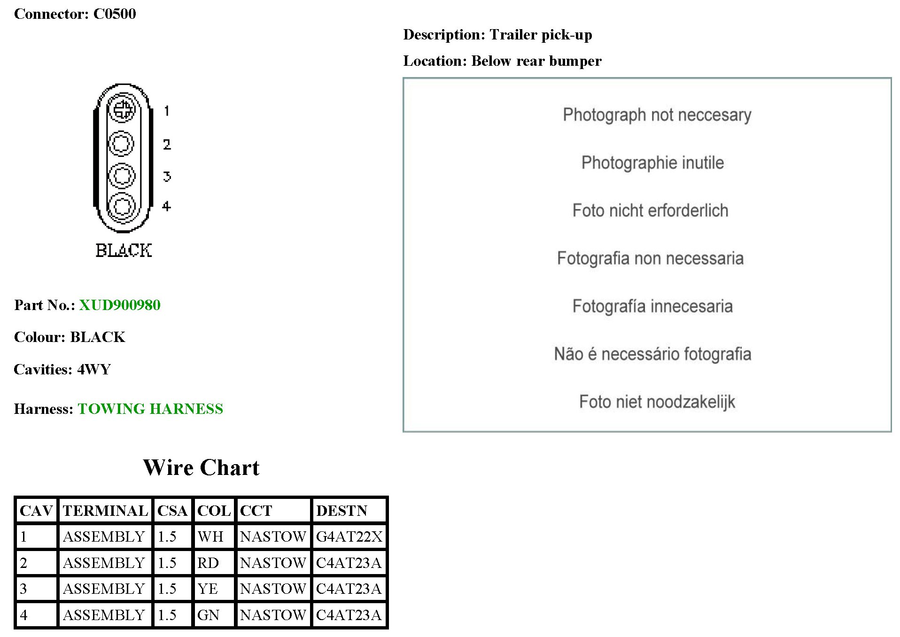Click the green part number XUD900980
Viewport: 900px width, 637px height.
(120, 305)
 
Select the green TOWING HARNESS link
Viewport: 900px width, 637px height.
(150, 409)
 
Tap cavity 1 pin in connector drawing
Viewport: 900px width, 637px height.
(122, 110)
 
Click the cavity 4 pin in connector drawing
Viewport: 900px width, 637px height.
(122, 206)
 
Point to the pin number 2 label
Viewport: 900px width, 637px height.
(167, 144)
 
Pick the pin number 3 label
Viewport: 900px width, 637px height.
(167, 177)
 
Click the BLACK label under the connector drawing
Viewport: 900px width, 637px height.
(124, 250)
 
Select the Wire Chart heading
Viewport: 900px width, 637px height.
(201, 467)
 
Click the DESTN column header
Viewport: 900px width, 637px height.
(341, 511)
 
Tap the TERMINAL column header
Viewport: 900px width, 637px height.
(105, 511)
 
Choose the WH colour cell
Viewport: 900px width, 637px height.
(210, 536)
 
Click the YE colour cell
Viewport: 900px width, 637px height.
(208, 589)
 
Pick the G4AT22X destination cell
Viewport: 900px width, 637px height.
(349, 536)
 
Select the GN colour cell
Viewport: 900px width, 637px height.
(209, 615)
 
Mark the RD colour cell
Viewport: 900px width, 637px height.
(208, 563)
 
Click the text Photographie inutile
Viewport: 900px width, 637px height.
(652, 163)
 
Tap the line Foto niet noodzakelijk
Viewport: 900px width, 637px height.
(657, 402)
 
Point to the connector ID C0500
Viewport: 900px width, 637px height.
(115, 14)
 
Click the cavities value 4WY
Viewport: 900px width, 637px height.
(94, 369)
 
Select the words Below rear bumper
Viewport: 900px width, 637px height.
(536, 61)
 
